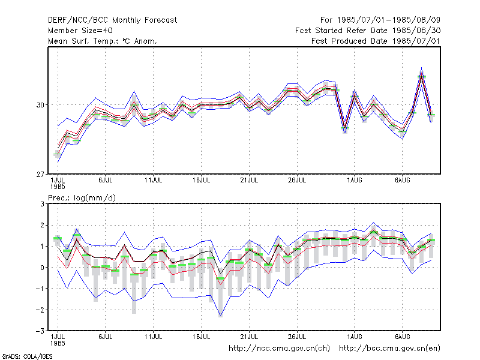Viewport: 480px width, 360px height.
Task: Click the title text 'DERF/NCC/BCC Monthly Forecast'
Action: (112, 20)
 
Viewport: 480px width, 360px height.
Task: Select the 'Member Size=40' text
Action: (80, 31)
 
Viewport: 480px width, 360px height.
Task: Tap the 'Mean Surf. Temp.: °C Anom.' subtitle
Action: (103, 41)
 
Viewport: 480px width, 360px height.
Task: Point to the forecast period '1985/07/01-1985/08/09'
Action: (389, 20)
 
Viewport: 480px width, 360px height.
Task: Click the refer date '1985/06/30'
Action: (416, 31)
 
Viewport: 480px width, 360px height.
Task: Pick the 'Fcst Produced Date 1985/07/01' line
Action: (376, 41)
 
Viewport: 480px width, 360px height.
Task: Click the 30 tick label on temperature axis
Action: (40, 105)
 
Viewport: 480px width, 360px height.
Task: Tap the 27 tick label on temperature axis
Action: (40, 175)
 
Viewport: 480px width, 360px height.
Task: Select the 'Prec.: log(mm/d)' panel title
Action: (82, 198)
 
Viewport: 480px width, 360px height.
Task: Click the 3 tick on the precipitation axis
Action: (42, 204)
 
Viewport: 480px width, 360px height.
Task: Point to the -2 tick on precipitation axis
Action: (40, 310)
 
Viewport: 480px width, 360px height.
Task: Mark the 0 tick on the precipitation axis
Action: (42, 268)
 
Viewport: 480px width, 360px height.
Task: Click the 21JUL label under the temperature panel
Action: (249, 180)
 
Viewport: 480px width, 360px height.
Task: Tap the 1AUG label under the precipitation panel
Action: (355, 337)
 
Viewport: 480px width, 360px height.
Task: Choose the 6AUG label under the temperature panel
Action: (402, 180)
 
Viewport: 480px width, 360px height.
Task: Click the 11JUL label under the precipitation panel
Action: (154, 337)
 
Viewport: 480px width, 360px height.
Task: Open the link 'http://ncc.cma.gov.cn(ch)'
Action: (279, 349)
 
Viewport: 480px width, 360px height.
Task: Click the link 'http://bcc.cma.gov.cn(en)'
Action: (389, 349)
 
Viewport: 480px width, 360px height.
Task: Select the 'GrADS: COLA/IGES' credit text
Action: (27, 356)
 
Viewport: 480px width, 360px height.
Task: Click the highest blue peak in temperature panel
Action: (422, 68)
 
